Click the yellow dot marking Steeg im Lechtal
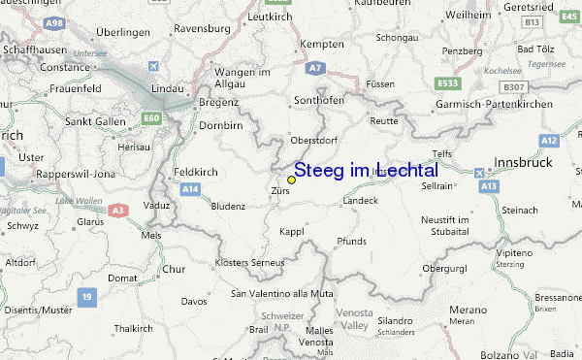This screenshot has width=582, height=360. (x=291, y=180)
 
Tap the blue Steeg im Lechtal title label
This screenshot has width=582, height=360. (x=365, y=170)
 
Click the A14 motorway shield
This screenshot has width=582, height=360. (x=190, y=187)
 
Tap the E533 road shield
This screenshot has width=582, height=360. (x=446, y=83)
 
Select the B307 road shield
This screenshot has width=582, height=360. (x=514, y=86)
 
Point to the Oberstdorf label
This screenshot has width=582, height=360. (x=313, y=140)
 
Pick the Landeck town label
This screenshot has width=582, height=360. (x=360, y=201)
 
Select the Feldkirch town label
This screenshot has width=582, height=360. (x=195, y=171)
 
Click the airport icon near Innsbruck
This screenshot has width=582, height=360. (x=480, y=172)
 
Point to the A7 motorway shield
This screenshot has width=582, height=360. (x=314, y=68)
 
